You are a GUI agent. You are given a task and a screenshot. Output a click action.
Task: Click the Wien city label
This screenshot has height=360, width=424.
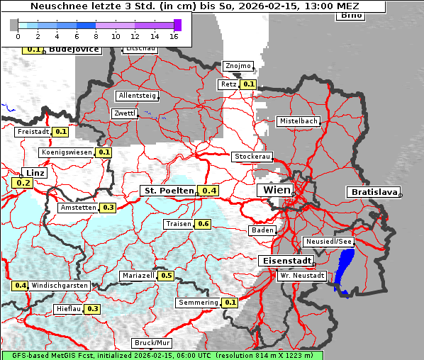[x=277, y=190]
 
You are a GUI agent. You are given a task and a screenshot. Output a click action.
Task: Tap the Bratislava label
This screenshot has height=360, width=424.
[x=372, y=192]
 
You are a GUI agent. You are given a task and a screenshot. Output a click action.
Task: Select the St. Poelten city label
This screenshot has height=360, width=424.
[x=168, y=191]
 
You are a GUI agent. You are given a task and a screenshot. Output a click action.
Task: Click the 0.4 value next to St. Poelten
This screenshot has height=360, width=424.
[x=209, y=191]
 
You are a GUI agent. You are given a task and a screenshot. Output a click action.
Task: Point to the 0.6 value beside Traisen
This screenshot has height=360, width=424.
[x=203, y=224]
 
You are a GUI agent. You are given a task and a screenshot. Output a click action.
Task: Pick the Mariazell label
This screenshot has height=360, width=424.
[x=138, y=276]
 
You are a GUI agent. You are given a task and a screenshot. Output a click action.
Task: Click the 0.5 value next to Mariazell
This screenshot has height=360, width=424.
[x=167, y=276]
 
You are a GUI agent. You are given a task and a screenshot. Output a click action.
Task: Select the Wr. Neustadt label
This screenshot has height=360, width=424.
[x=302, y=275]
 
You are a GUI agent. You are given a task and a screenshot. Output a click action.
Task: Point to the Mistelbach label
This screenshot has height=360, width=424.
[x=299, y=121]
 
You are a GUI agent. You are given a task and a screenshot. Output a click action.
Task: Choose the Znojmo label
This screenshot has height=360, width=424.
[x=238, y=66]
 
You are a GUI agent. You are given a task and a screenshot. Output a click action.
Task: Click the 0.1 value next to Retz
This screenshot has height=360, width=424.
[x=248, y=84]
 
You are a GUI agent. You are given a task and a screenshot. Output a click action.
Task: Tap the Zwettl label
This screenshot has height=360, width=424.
[x=124, y=113]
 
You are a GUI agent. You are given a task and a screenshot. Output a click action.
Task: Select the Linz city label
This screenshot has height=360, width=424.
[x=35, y=173]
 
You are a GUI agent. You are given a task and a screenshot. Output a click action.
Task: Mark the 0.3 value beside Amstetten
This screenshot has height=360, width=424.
[x=108, y=208]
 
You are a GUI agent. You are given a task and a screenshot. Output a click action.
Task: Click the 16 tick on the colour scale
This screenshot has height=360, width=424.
[x=174, y=35]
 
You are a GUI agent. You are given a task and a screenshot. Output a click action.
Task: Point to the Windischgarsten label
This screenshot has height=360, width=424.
[x=60, y=286]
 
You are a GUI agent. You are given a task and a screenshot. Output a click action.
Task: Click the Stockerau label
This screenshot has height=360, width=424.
[x=252, y=157]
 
